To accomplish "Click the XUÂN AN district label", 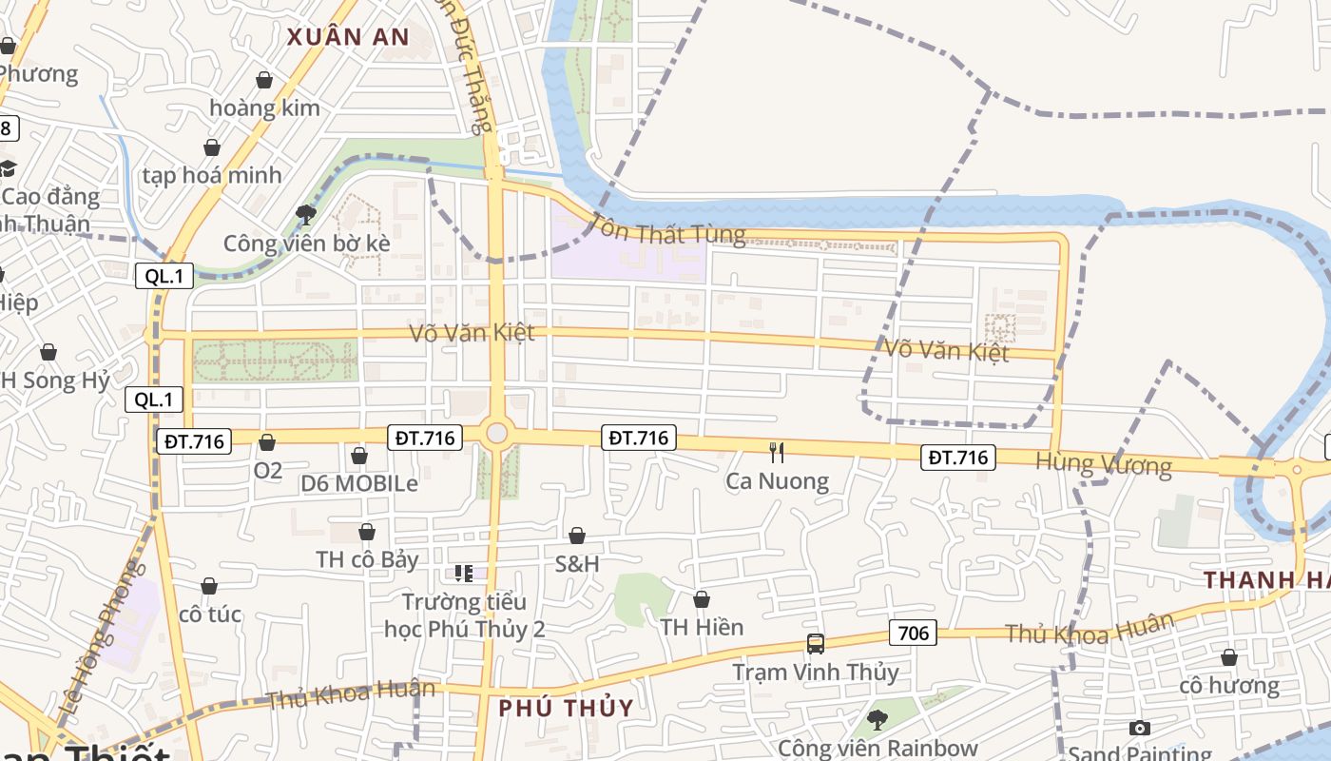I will (x=348, y=37).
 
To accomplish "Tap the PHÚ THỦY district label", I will (x=566, y=708).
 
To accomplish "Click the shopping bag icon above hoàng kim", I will (x=264, y=81).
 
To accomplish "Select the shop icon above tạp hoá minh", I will (x=212, y=147).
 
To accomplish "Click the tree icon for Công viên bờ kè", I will (x=306, y=214).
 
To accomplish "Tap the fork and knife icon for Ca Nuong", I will (x=777, y=452).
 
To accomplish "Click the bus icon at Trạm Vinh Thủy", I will (x=815, y=643).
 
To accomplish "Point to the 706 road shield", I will (x=913, y=633).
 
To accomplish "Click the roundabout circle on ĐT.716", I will (x=496, y=434).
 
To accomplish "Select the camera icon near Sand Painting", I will (x=1139, y=728).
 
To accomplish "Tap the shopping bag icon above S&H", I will (x=577, y=537).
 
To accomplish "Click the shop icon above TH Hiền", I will (x=702, y=599).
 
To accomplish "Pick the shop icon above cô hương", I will (x=1228, y=657).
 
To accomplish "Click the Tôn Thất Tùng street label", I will (x=667, y=229).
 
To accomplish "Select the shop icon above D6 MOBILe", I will (x=359, y=456).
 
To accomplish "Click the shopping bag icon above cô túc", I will (x=209, y=586).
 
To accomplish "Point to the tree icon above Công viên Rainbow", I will (x=877, y=719).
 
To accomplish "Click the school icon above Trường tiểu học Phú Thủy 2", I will (x=464, y=573).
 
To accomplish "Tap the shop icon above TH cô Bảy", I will (x=367, y=532).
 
